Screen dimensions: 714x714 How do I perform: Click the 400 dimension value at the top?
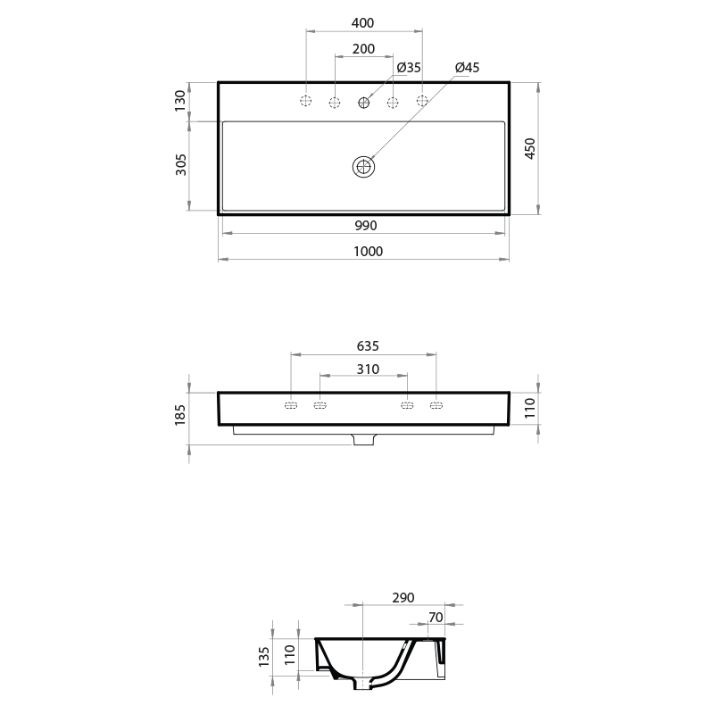(363, 22)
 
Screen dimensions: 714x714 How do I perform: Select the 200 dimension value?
(363, 49)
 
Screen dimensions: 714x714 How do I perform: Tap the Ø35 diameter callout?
(409, 68)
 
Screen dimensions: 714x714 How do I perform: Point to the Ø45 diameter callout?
(467, 68)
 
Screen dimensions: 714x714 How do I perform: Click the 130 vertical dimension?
(181, 101)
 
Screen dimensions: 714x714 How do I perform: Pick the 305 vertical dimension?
(181, 165)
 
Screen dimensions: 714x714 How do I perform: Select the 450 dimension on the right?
(529, 148)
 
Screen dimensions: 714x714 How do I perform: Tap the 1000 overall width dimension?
(367, 252)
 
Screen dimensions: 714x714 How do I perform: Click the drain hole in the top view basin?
(363, 166)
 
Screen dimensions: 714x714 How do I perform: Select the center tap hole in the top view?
(364, 103)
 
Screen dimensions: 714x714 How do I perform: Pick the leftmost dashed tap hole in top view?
(306, 102)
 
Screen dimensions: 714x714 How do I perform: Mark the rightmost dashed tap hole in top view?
(422, 102)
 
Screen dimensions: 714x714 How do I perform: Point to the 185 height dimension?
(181, 413)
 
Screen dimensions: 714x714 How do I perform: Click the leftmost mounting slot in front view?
(291, 407)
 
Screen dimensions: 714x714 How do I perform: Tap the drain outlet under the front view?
(364, 440)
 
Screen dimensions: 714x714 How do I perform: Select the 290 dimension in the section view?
(403, 598)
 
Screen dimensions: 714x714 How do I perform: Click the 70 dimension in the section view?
(436, 617)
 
